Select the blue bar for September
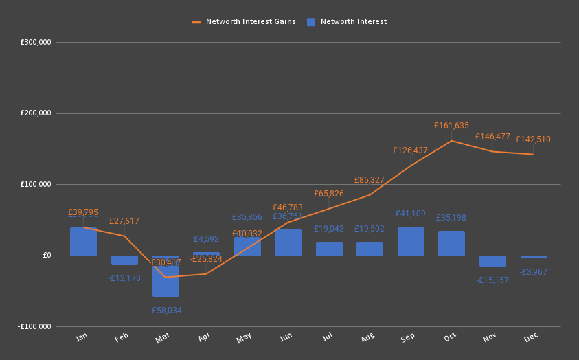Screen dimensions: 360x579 click(x=411, y=241)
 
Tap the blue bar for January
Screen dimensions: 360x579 click(x=83, y=242)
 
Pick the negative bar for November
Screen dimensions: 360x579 click(x=492, y=261)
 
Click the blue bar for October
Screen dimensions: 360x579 click(x=451, y=243)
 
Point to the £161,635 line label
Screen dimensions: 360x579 click(x=451, y=126)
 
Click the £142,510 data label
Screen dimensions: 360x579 click(x=533, y=139)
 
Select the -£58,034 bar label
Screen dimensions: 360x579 click(x=166, y=311)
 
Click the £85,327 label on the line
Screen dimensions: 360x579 click(x=370, y=180)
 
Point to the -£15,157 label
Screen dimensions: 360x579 click(x=492, y=280)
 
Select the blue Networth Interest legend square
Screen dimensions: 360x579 click(x=311, y=21)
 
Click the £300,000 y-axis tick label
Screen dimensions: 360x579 click(x=36, y=43)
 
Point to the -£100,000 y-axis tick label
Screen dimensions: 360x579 click(x=35, y=327)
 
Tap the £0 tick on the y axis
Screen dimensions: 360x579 click(x=47, y=256)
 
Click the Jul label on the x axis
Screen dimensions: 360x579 click(x=328, y=337)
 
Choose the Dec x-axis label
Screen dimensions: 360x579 click(x=531, y=337)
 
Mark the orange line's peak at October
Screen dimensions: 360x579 click(x=451, y=141)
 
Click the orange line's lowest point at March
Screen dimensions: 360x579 click(x=166, y=277)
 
